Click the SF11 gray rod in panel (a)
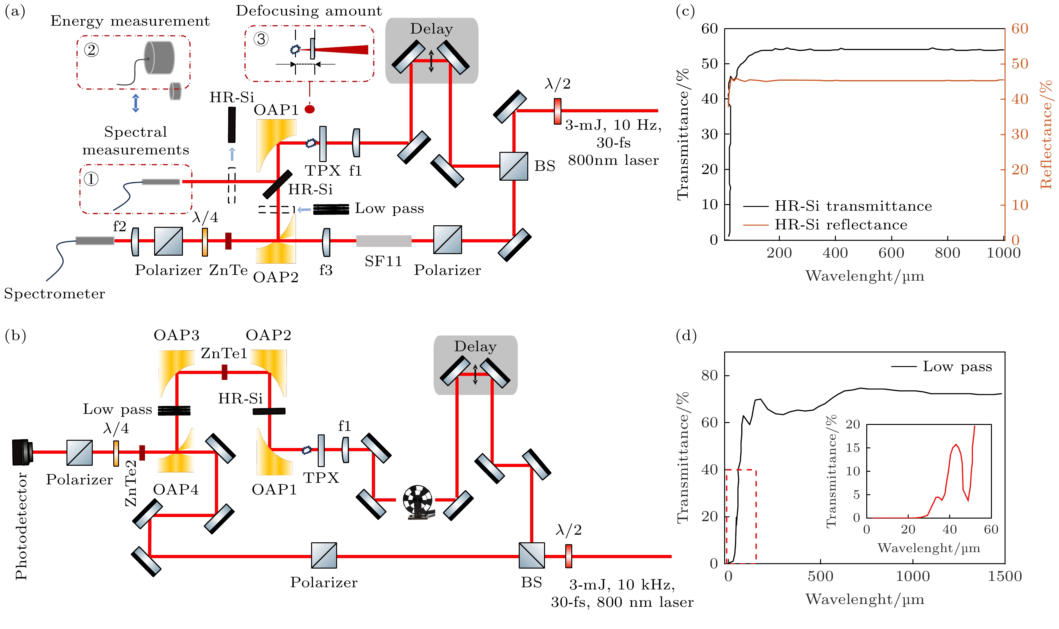click(383, 241)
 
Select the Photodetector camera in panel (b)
click(22, 452)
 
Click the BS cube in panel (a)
click(513, 166)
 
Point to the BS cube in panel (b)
click(532, 555)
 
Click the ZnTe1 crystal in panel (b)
click(224, 373)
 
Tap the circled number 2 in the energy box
click(91, 50)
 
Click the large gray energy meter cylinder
click(160, 58)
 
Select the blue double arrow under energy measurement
click(136, 103)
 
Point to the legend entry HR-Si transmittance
click(853, 206)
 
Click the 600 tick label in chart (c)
click(891, 253)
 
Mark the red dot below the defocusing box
click(310, 109)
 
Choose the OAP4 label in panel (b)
click(176, 489)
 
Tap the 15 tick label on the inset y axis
click(853, 448)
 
